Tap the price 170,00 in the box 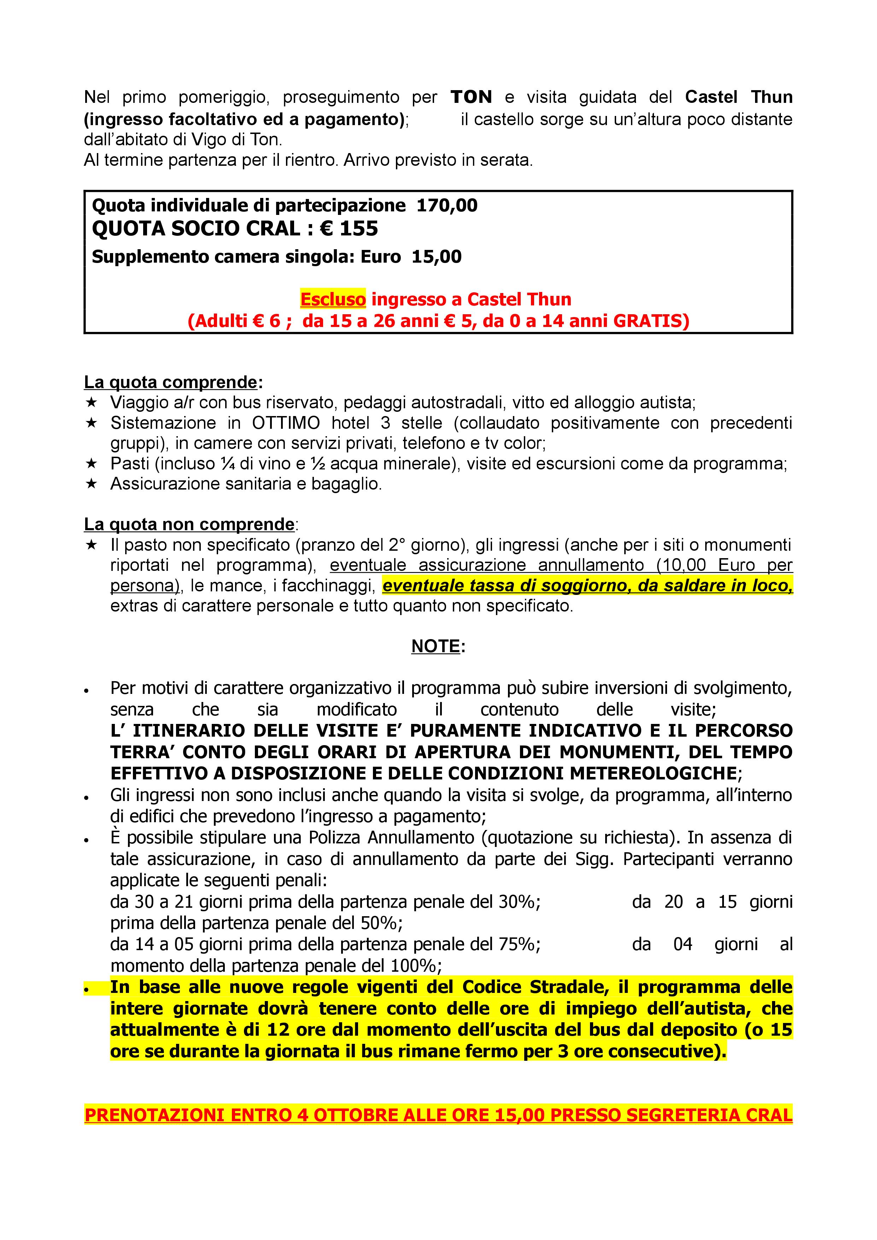tap(447, 206)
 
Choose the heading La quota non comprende tap(189, 525)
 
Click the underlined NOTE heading tap(436, 647)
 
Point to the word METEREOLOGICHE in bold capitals tap(654, 773)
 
